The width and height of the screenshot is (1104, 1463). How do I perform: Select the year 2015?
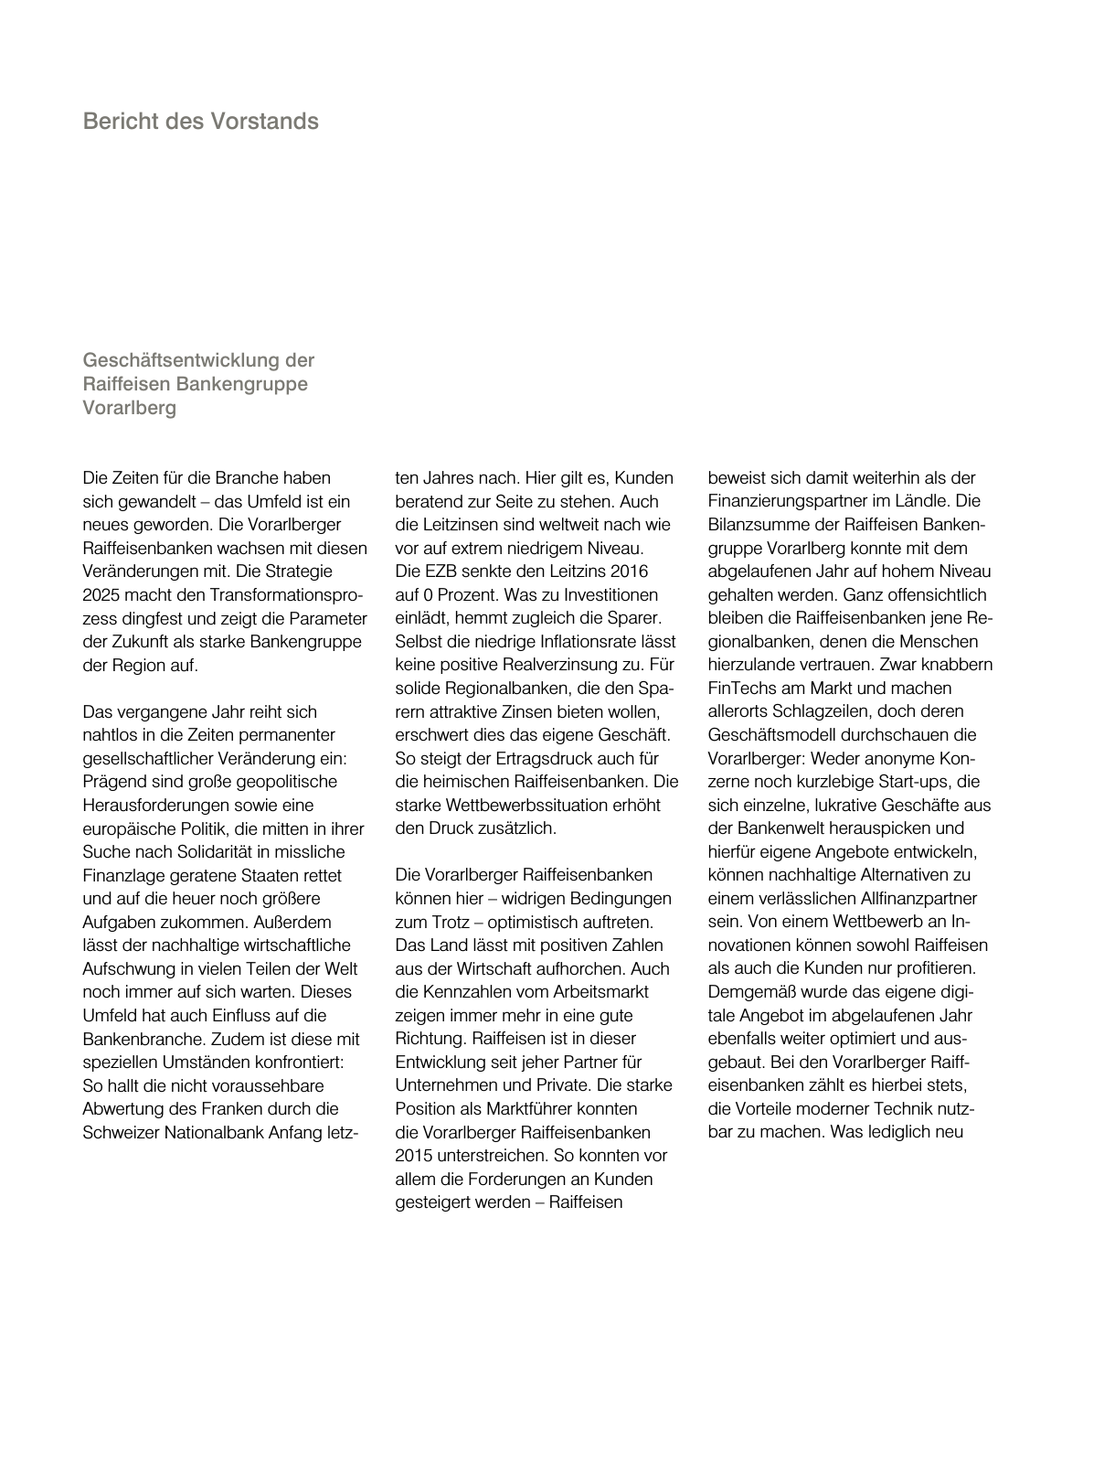tap(413, 1156)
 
